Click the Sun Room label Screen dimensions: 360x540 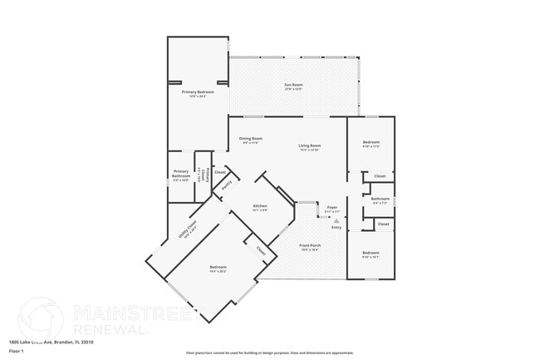point(293,86)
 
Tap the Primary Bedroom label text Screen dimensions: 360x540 point(199,93)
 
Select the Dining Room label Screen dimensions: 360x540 point(251,141)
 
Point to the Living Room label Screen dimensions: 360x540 point(310,148)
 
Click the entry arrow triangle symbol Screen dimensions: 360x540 point(336,221)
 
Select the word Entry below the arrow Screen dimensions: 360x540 point(336,227)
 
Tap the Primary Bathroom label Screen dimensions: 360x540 point(181,176)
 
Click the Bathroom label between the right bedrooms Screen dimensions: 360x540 point(380,200)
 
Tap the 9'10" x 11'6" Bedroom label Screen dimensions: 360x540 point(371,145)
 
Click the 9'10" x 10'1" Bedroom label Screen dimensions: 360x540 point(371,254)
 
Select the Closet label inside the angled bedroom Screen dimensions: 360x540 point(260,249)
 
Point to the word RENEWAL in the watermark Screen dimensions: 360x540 point(111,330)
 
